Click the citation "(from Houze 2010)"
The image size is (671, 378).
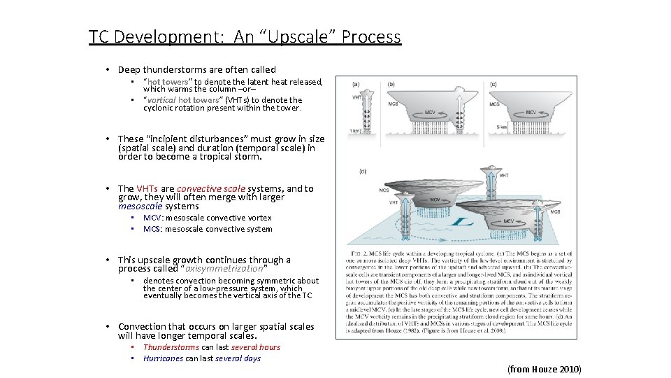pos(544,369)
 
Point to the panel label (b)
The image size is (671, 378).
pos(391,84)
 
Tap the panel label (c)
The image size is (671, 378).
pos(493,84)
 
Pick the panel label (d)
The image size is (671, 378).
pos(361,171)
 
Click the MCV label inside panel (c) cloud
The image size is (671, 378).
pos(531,112)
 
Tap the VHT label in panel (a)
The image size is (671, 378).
pos(356,98)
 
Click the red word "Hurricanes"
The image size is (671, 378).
pos(163,358)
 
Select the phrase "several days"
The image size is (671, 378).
pos(238,358)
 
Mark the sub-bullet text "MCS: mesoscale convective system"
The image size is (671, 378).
pos(208,229)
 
